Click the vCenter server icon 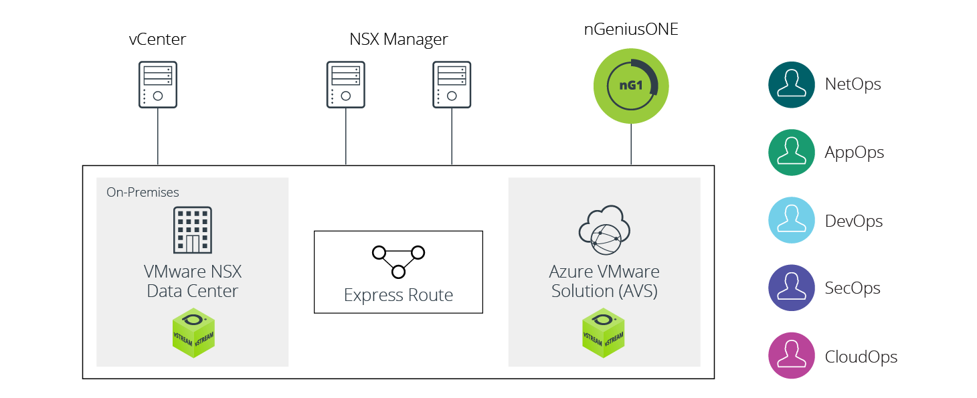pyautogui.click(x=158, y=84)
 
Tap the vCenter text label pyautogui.click(x=157, y=39)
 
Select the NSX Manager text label pyautogui.click(x=399, y=39)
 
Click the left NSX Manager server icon pyautogui.click(x=346, y=84)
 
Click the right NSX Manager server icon pyautogui.click(x=452, y=84)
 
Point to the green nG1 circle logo pyautogui.click(x=631, y=86)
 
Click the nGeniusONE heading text pyautogui.click(x=631, y=29)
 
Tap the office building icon pyautogui.click(x=193, y=229)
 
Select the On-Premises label pyautogui.click(x=143, y=192)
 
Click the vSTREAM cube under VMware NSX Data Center pyautogui.click(x=193, y=332)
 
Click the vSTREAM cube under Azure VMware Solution pyautogui.click(x=603, y=332)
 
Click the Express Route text pyautogui.click(x=398, y=295)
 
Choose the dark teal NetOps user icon pyautogui.click(x=791, y=84)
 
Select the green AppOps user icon pyautogui.click(x=791, y=153)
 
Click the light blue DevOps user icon pyautogui.click(x=791, y=221)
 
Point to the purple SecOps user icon pyautogui.click(x=791, y=288)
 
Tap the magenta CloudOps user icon pyautogui.click(x=791, y=357)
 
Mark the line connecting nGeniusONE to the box pyautogui.click(x=631, y=144)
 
